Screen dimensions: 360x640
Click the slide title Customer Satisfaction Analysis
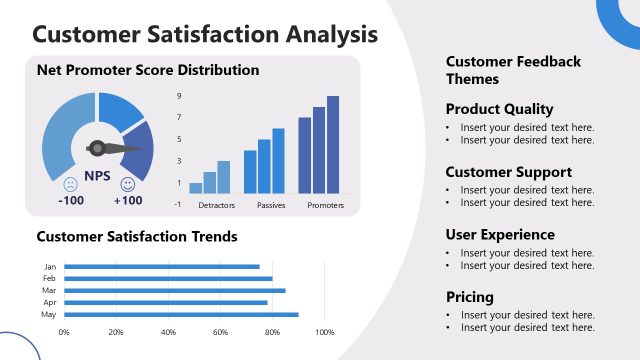[205, 33]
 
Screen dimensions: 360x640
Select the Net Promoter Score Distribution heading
[148, 70]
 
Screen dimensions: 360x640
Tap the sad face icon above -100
[70, 184]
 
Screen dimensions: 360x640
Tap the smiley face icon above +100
[127, 184]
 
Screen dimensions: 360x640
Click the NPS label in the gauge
[97, 176]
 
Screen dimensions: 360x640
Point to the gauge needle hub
[97, 148]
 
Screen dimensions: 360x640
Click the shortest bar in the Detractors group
[196, 187]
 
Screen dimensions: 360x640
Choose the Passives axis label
[271, 205]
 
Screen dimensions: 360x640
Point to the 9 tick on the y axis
[179, 96]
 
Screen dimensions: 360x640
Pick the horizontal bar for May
[181, 314]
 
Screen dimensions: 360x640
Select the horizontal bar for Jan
[162, 267]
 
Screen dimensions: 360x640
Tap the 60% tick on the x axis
[220, 331]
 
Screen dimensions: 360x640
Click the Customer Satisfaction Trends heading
[137, 237]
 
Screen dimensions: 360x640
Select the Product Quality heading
[499, 109]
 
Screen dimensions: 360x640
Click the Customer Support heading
[508, 172]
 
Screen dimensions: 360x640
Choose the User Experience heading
[500, 235]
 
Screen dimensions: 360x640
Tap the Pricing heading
[470, 297]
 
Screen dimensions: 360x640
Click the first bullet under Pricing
[527, 315]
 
